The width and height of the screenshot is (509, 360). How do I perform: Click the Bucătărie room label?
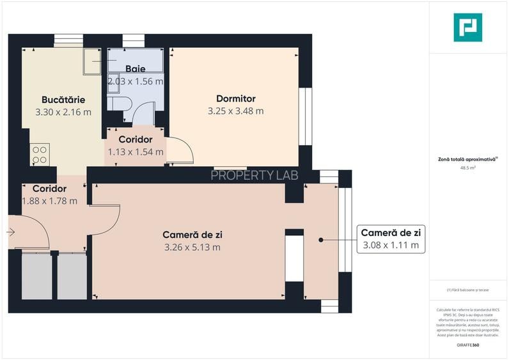coord(63,100)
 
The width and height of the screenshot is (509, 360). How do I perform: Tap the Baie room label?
coord(135,68)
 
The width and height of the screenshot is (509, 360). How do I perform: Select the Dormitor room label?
coord(235,98)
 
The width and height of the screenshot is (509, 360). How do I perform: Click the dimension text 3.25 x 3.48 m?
coord(235,111)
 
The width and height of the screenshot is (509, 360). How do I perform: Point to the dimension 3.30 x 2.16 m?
coord(63,112)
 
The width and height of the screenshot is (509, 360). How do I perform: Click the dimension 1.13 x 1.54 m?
coord(136,152)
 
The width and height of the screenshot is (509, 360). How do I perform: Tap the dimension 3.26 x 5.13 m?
coord(192,247)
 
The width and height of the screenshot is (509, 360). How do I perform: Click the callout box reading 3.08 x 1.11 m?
coord(390,245)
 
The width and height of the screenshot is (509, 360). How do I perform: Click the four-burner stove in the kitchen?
coord(40,154)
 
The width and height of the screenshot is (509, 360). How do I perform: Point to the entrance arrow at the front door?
coord(12,232)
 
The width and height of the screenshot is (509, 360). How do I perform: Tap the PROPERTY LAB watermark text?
coord(254,175)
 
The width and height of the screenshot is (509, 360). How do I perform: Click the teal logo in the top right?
coord(467,27)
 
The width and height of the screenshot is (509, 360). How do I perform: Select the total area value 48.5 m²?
coord(467,168)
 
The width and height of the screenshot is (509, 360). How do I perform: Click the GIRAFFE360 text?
coord(467,345)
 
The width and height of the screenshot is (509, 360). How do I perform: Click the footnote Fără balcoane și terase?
coord(467,290)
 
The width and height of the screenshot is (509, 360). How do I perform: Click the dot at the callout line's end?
coord(320,240)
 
